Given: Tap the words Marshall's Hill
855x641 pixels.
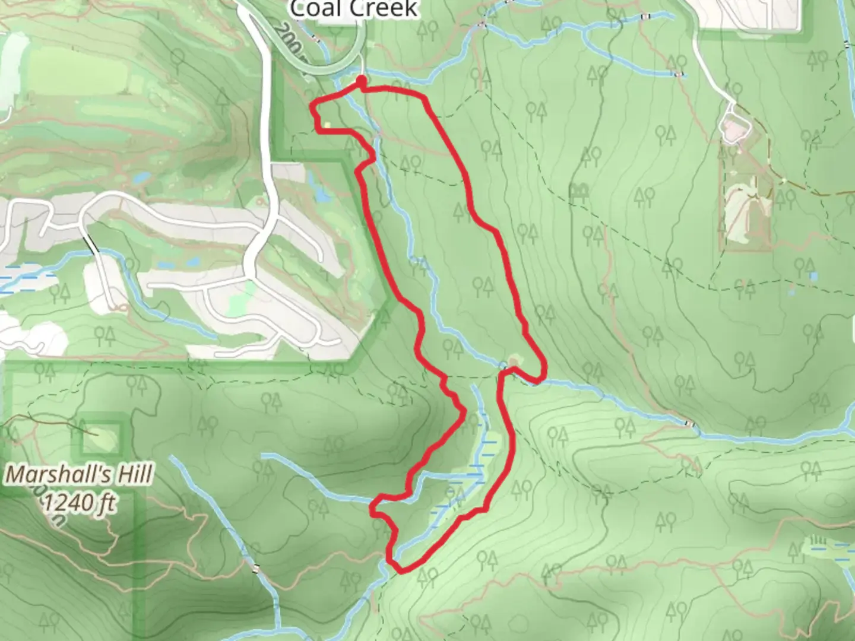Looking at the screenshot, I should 80,475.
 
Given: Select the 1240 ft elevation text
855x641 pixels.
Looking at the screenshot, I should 80,503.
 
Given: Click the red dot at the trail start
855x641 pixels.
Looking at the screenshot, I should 361,80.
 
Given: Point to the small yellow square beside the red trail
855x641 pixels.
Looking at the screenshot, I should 328,125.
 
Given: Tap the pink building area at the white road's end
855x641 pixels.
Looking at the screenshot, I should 734,126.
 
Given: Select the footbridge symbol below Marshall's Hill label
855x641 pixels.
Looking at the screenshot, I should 256,568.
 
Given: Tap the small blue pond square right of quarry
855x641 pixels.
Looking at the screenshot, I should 813,277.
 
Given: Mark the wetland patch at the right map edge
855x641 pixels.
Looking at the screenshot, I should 831,549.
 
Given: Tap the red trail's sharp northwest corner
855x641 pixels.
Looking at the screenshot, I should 314,105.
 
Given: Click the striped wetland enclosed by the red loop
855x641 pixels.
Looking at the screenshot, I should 475,469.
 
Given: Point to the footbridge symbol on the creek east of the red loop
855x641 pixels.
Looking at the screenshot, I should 689,424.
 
